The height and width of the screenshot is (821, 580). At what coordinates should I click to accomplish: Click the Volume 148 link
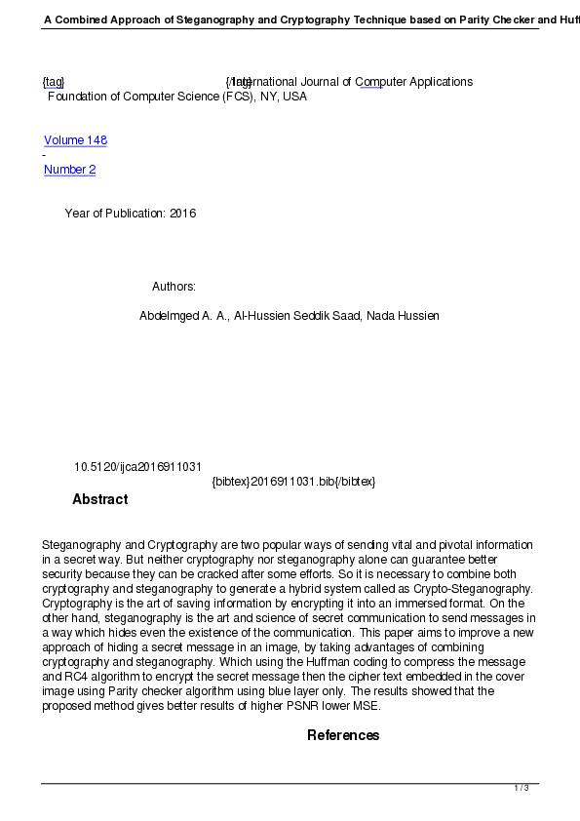tap(75, 140)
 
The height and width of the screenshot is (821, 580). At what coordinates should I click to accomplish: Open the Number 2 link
tap(69, 170)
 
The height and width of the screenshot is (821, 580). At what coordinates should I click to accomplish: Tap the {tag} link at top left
tap(54, 82)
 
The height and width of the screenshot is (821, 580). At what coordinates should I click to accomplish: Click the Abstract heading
tap(99, 499)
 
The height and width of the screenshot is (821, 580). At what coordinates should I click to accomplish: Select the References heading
tap(343, 735)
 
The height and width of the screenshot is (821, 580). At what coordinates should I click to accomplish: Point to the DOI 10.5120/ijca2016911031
tap(137, 467)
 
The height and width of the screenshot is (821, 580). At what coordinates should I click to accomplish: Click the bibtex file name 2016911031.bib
tap(290, 482)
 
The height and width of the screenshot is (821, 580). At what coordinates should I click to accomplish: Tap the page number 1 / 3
tap(522, 788)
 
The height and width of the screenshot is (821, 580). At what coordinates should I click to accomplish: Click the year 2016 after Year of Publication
tap(182, 214)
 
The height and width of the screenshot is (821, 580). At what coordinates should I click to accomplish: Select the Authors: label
tap(174, 287)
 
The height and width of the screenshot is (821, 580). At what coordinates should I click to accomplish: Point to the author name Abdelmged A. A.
tap(183, 316)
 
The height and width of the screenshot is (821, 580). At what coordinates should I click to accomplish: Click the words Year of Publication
tap(114, 214)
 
